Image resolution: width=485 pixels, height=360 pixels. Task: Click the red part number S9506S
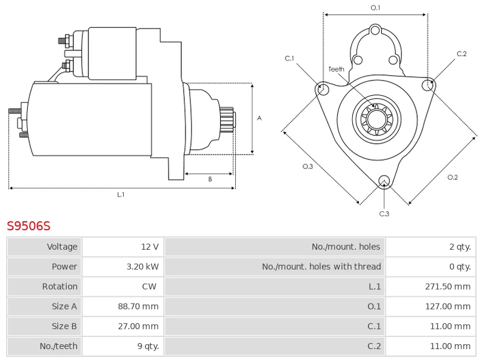pyautogui.click(x=28, y=226)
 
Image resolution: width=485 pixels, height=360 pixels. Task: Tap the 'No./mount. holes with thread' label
pyautogui.click(x=321, y=267)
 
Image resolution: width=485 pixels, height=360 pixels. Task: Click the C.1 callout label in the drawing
pyautogui.click(x=290, y=59)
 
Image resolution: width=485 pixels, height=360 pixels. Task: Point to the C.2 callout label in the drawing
pyautogui.click(x=461, y=54)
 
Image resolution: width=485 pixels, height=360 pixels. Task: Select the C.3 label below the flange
pyautogui.click(x=384, y=213)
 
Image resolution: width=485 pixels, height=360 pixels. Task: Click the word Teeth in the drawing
pyautogui.click(x=336, y=70)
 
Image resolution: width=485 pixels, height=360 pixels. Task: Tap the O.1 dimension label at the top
pyautogui.click(x=375, y=8)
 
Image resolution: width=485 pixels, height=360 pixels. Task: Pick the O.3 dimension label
pyautogui.click(x=307, y=167)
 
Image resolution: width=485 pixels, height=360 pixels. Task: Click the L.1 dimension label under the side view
pyautogui.click(x=121, y=195)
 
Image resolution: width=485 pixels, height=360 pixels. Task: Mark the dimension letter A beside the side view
pyautogui.click(x=259, y=118)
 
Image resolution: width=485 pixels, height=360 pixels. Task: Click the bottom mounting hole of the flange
pyautogui.click(x=383, y=181)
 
